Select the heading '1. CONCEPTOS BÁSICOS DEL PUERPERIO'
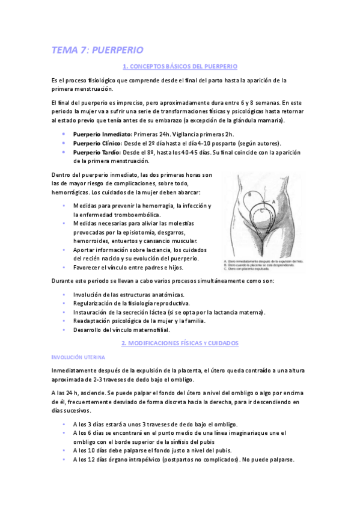click(180, 66)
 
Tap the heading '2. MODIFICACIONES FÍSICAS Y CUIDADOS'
click(180, 343)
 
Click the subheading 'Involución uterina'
click(79, 357)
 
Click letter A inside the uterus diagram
click(275, 202)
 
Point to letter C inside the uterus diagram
click(261, 212)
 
